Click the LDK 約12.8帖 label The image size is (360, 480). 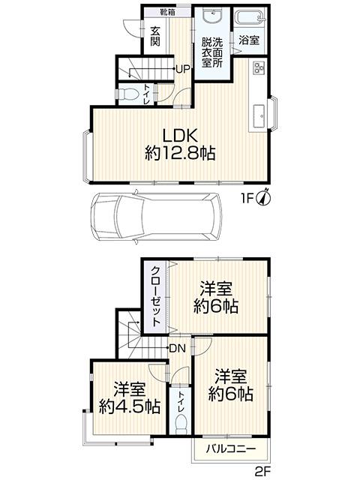point(180,143)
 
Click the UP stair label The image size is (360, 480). point(182,69)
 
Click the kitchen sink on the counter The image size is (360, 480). point(259,114)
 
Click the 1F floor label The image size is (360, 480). point(246,199)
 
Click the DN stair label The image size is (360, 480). point(177,348)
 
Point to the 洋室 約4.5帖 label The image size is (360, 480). point(130,397)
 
